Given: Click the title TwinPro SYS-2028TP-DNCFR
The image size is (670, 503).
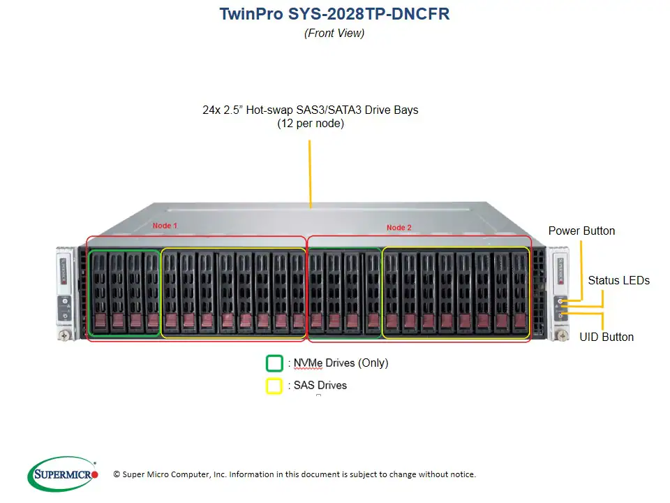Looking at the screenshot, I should click(334, 14).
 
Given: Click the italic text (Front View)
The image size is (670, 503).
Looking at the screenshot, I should click(334, 33).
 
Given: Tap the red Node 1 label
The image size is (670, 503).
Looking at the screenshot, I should click(165, 226).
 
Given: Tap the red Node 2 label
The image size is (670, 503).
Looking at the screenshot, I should click(399, 228).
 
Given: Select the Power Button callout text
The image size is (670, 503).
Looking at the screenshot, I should click(581, 231).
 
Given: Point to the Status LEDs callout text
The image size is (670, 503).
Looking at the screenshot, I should click(618, 280).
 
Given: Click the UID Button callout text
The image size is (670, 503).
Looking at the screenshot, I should click(606, 337).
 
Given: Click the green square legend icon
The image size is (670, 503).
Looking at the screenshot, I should click(274, 363).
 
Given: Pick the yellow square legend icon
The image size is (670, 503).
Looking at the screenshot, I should click(274, 386).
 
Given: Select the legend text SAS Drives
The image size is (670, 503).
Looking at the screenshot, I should click(320, 385).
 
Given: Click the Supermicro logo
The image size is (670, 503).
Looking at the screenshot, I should click(64, 474).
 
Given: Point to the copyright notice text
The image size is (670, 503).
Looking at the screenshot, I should click(295, 474).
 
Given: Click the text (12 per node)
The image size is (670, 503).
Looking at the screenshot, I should click(311, 124).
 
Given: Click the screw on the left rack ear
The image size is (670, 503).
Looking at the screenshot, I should click(64, 335).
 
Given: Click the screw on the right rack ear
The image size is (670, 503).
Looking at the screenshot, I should click(560, 336).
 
